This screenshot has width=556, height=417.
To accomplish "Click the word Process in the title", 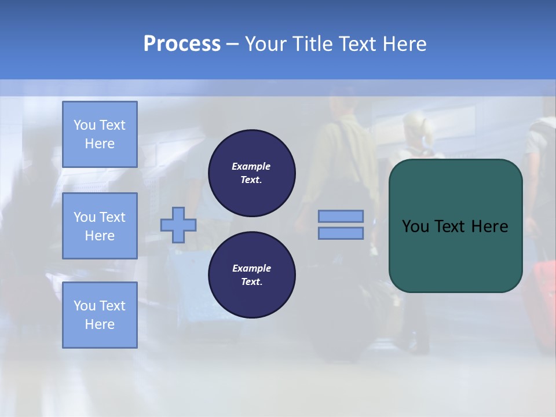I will (x=182, y=44).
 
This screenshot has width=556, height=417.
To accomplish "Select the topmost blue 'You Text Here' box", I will (x=100, y=134).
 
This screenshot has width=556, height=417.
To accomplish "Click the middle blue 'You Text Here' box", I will (x=100, y=226).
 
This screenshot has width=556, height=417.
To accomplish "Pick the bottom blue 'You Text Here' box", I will (x=100, y=315).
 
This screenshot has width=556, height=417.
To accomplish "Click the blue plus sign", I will (x=178, y=225).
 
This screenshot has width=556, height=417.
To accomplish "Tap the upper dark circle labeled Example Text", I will (x=252, y=173).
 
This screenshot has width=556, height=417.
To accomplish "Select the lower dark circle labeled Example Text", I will (x=252, y=275).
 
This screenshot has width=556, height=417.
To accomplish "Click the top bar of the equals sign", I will (x=341, y=216).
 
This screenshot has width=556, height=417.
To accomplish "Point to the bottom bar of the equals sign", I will (x=341, y=233).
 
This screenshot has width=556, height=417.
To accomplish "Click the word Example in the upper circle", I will (x=251, y=167).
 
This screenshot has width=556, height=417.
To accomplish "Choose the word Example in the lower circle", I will (x=251, y=269).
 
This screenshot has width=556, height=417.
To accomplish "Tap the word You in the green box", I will (x=415, y=226).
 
